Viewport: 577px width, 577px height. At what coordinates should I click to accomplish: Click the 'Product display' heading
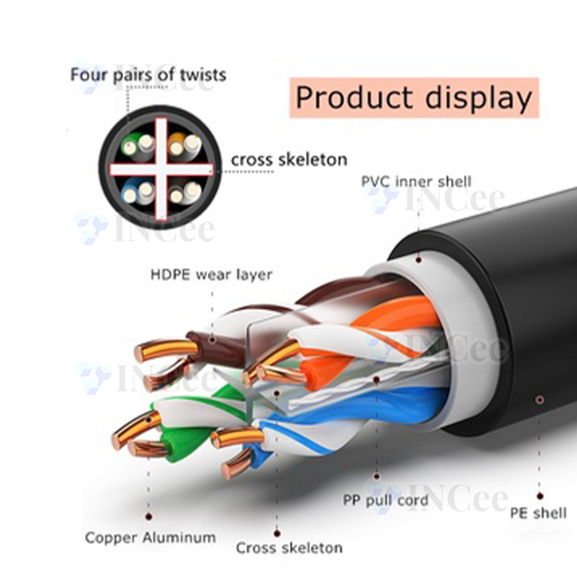click(x=414, y=98)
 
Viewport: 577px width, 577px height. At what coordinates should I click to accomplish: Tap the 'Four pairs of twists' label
click(x=148, y=75)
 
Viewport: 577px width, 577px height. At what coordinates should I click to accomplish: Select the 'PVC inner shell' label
click(x=416, y=181)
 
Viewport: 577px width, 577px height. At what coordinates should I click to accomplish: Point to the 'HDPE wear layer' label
click(x=212, y=274)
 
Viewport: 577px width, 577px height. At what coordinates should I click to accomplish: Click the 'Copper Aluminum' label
click(x=150, y=538)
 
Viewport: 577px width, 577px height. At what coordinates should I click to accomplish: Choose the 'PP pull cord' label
click(x=385, y=500)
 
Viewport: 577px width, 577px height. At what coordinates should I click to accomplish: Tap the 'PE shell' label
click(x=538, y=513)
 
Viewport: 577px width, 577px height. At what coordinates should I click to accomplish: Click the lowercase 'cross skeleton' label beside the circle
click(x=289, y=159)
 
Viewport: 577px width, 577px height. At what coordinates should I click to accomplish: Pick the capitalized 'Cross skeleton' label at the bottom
click(x=289, y=548)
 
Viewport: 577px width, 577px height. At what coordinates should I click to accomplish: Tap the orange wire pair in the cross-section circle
click(x=185, y=145)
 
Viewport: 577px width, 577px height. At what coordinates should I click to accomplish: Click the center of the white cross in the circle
click(x=161, y=170)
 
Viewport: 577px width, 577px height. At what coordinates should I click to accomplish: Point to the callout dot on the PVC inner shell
click(x=419, y=260)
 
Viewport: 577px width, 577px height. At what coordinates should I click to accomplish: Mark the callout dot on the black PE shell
click(x=539, y=400)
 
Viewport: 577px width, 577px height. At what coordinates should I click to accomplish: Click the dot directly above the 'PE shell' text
click(x=540, y=496)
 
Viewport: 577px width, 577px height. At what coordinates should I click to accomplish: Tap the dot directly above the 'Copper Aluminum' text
click(x=149, y=517)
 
